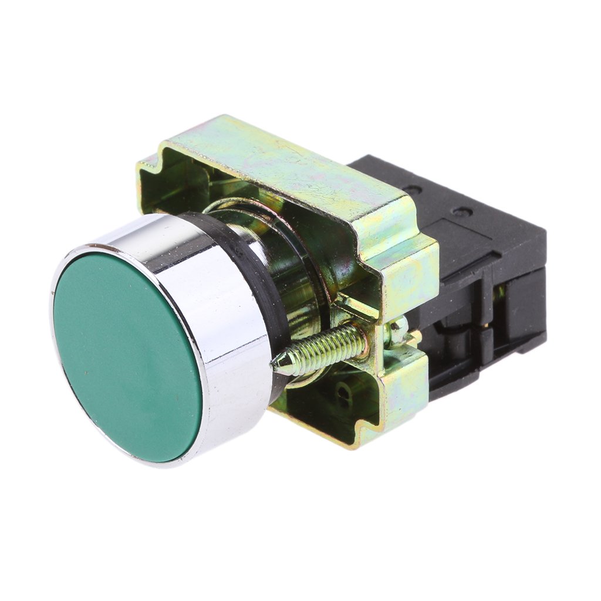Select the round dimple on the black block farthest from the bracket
pyautogui.click(x=464, y=211)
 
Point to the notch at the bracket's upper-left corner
pyautogui.click(x=147, y=167)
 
